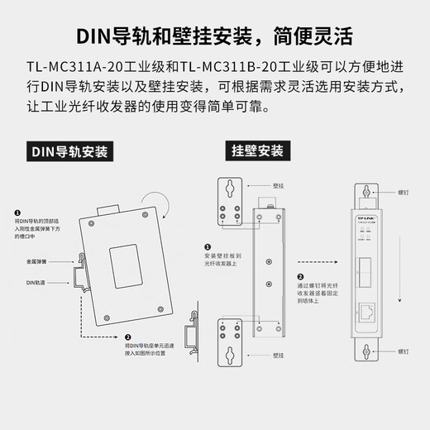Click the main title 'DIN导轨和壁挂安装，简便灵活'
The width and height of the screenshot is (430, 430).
[215, 37]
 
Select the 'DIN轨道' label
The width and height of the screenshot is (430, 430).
[26, 283]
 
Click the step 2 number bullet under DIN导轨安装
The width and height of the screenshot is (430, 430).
[127, 337]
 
